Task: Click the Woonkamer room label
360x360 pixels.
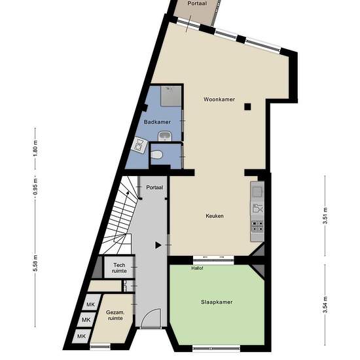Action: (x=219, y=99)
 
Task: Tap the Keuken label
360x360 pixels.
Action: (x=215, y=216)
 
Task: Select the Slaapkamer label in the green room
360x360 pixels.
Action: (x=217, y=302)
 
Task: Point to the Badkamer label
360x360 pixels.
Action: (x=157, y=122)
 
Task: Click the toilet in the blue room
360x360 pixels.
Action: (x=157, y=154)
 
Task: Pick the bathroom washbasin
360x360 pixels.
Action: (x=165, y=136)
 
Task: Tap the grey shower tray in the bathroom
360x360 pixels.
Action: (x=171, y=96)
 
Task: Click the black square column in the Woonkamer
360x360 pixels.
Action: (x=247, y=107)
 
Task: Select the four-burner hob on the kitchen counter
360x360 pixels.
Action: (x=258, y=226)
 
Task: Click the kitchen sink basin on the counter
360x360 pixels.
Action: (x=257, y=192)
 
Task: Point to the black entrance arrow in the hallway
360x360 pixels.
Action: (x=158, y=245)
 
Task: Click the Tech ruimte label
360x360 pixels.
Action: (x=119, y=268)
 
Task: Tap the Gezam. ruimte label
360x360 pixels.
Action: (x=115, y=315)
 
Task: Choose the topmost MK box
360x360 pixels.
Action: (x=90, y=304)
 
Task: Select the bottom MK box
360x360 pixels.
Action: (x=81, y=336)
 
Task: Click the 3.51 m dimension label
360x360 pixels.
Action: (x=325, y=216)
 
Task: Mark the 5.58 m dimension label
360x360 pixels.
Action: (x=35, y=263)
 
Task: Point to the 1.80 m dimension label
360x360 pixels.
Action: (x=35, y=149)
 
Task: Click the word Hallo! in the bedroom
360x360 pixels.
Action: (x=197, y=268)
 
